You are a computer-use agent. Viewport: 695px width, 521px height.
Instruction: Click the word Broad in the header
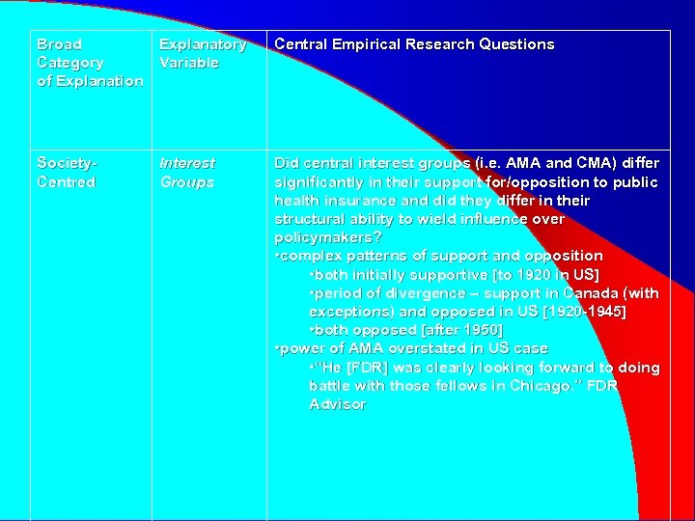coord(59,44)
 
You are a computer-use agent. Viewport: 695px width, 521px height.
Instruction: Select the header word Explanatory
coord(203,44)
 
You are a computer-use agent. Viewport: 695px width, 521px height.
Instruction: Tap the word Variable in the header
coord(189,63)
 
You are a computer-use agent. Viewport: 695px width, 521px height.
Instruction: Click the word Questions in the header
coord(511,44)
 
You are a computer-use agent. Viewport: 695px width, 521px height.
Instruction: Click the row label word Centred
coord(66,182)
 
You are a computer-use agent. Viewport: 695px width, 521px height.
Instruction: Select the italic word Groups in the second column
coord(186,182)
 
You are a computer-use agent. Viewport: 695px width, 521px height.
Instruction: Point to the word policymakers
coord(324,237)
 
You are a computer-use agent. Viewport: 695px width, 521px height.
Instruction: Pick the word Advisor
coord(338,404)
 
